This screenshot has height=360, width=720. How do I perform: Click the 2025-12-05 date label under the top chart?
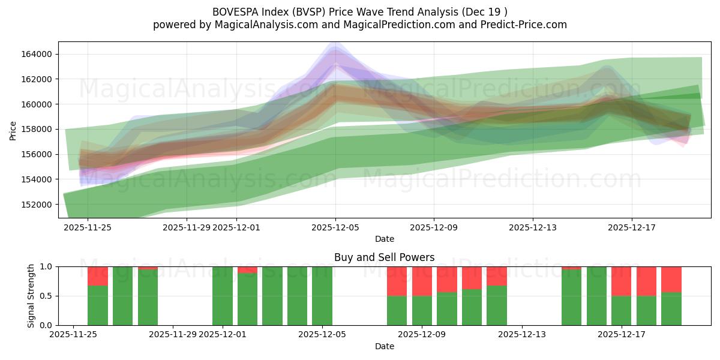(x=335, y=227)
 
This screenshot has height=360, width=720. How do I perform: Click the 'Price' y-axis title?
(x=13, y=130)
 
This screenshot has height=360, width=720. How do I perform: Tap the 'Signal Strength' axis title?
(x=31, y=296)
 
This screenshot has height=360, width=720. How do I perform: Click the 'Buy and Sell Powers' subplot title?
(x=384, y=257)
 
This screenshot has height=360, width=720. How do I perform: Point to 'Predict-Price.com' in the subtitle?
(x=526, y=25)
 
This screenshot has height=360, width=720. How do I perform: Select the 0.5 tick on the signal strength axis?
(x=46, y=296)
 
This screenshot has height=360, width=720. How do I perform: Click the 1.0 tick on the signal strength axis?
(x=46, y=266)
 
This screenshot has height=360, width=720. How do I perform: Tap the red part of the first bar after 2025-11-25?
(x=98, y=275)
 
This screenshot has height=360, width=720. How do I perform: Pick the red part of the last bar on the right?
(x=671, y=279)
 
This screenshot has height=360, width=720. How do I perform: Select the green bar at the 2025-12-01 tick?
(x=223, y=296)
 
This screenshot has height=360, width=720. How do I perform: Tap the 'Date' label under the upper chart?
(x=384, y=239)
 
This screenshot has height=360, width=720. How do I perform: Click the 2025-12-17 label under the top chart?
(x=631, y=227)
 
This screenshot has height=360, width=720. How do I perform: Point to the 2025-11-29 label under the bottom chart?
(x=173, y=335)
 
